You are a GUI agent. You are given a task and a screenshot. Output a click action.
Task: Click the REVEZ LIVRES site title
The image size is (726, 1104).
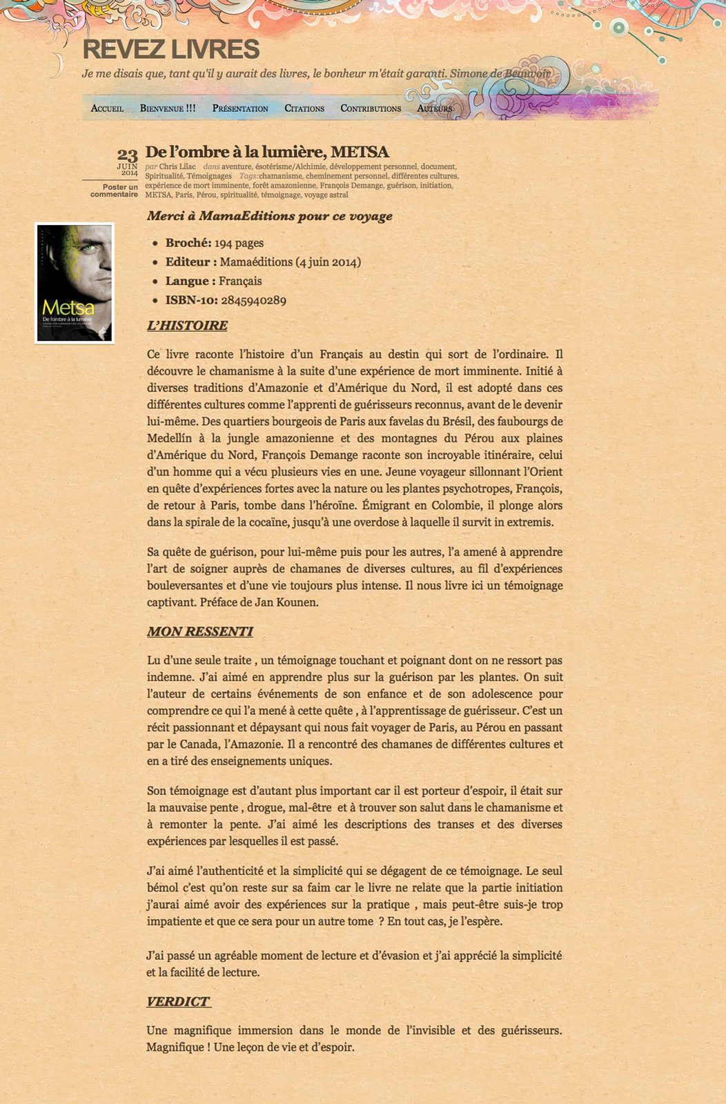[x=170, y=50]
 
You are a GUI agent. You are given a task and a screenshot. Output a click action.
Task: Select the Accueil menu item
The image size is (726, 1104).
[x=107, y=108]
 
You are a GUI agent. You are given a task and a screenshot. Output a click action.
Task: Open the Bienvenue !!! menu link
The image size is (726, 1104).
[x=168, y=108]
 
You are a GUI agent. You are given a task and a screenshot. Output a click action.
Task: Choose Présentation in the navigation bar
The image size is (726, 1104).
[x=240, y=108]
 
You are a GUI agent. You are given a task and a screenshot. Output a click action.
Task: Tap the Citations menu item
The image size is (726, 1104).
[x=304, y=108]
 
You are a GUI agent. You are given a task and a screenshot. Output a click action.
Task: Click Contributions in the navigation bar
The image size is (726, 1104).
[x=371, y=108]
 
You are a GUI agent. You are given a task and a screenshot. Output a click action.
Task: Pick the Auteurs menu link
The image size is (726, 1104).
[x=435, y=108]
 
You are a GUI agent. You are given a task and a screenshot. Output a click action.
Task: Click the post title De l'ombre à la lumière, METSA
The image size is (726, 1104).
[x=267, y=152]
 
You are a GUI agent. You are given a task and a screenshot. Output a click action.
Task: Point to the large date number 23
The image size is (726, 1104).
[x=127, y=155]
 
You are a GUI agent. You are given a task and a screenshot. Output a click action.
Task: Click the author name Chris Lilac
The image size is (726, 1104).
[x=177, y=166]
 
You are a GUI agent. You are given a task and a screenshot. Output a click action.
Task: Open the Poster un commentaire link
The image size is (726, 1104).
[x=114, y=190]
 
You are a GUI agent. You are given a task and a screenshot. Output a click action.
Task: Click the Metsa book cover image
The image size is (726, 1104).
[x=75, y=283]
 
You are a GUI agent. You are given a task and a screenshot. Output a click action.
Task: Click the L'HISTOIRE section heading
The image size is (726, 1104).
[x=187, y=326]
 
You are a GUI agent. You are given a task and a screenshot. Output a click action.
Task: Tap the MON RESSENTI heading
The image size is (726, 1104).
[x=199, y=631]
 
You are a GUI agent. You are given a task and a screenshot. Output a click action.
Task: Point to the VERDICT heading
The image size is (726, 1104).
[x=178, y=1002]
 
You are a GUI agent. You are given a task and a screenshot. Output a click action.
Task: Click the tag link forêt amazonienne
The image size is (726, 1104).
[x=284, y=186]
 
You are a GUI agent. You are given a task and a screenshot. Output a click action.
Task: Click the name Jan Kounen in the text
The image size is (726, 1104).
[x=289, y=602]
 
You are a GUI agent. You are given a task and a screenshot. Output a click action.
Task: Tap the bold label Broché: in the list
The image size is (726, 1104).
[x=188, y=243]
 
